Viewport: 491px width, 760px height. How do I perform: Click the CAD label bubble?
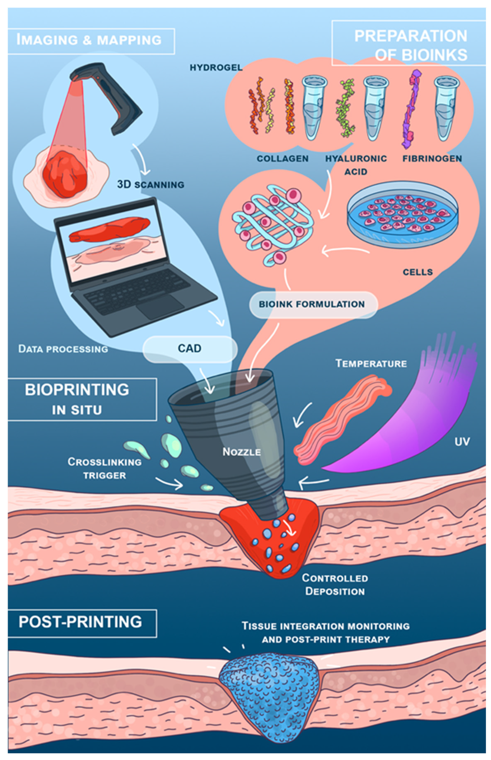tap(190, 349)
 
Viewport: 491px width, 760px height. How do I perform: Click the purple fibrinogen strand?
tap(411, 109)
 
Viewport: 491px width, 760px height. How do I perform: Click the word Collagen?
tap(283, 158)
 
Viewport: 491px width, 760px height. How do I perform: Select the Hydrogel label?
tap(216, 68)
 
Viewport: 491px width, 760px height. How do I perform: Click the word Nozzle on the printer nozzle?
tap(242, 452)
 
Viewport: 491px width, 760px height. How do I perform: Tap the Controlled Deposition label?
tap(335, 585)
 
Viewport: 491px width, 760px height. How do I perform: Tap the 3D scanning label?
tap(150, 184)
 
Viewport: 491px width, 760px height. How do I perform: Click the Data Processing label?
tap(63, 349)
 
